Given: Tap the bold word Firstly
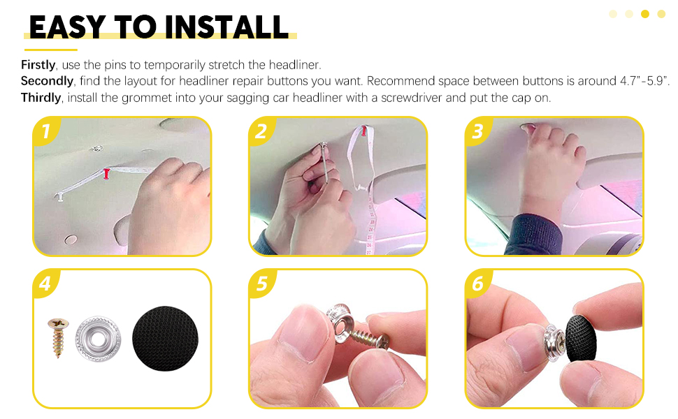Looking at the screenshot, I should pyautogui.click(x=38, y=65).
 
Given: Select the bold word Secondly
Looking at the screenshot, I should pyautogui.click(x=47, y=81).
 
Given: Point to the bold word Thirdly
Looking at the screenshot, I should pyautogui.click(x=41, y=98).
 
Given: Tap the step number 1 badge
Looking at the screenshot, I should pyautogui.click(x=45, y=131).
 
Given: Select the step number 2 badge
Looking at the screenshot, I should pyautogui.click(x=261, y=131).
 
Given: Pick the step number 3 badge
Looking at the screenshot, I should pyautogui.click(x=478, y=131).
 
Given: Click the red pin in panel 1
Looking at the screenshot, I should pyautogui.click(x=107, y=173).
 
